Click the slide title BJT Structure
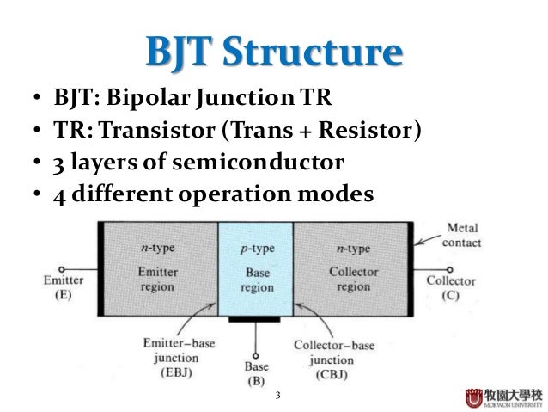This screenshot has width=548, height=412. point(273,54)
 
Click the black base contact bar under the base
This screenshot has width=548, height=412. point(255,321)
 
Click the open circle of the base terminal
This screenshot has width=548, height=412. point(255,351)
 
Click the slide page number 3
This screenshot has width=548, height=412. point(277,397)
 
